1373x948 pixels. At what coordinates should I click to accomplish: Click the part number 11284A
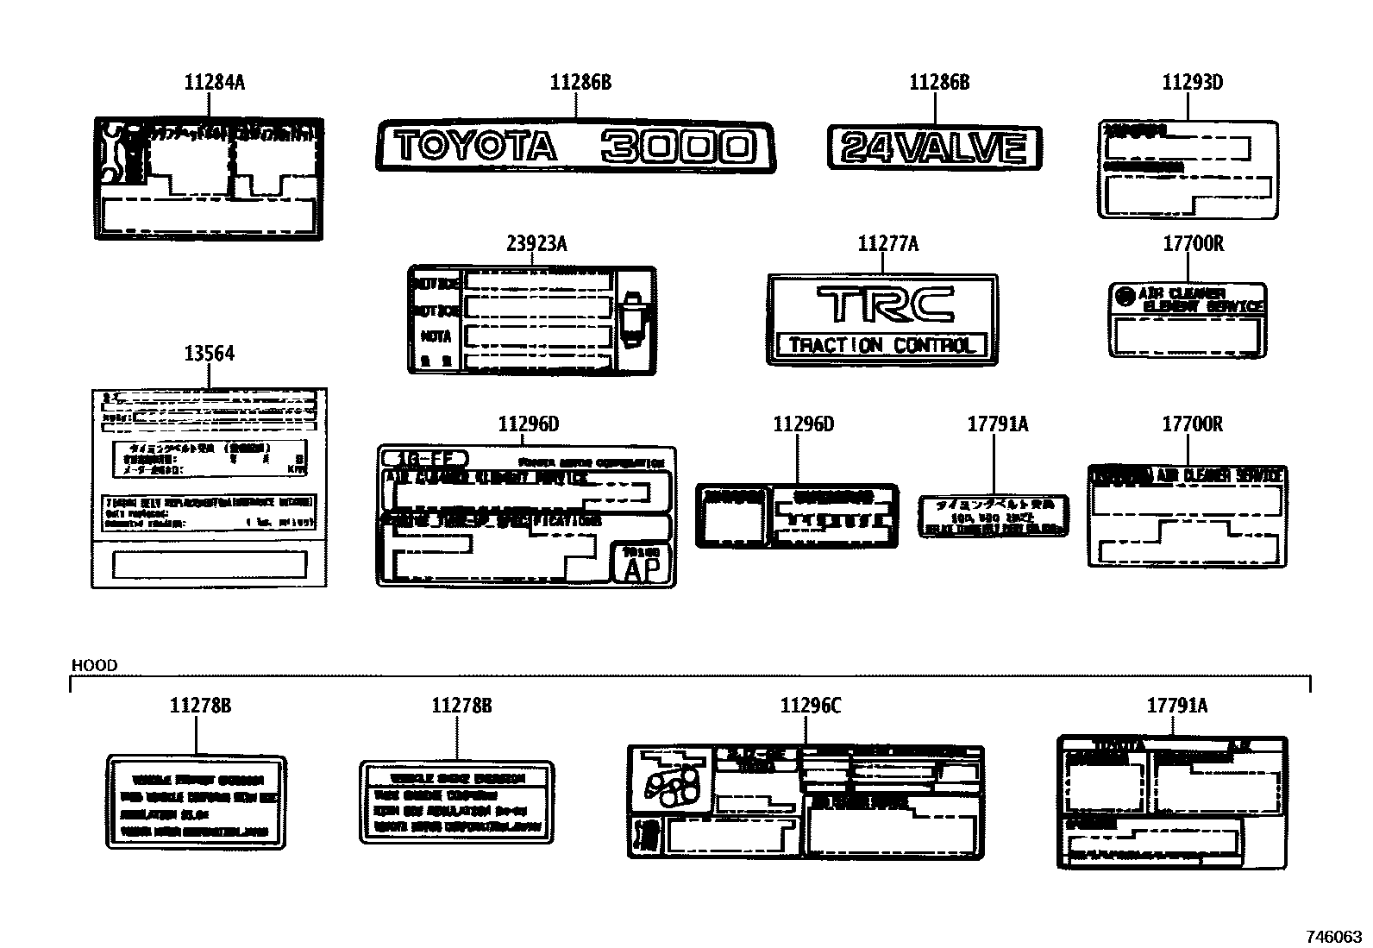(x=214, y=83)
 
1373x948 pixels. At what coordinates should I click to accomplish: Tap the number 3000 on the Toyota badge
(x=678, y=148)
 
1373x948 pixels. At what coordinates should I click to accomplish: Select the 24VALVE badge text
(x=935, y=148)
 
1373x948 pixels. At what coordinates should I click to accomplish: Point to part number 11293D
(x=1192, y=83)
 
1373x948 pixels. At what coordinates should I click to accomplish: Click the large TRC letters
(x=884, y=304)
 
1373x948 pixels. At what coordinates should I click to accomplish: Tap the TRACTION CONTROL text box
(x=881, y=346)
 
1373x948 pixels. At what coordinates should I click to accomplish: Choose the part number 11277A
(x=887, y=245)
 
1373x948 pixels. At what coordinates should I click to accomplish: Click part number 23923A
(x=536, y=245)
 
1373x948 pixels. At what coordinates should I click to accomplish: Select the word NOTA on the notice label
(x=436, y=336)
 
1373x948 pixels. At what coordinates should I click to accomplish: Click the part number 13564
(x=209, y=355)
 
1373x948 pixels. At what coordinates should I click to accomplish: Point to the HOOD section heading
(x=94, y=665)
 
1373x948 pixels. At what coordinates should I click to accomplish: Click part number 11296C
(x=810, y=706)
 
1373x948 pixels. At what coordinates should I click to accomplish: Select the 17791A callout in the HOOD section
(x=1176, y=706)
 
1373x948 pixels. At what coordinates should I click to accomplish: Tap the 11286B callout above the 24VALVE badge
(x=939, y=83)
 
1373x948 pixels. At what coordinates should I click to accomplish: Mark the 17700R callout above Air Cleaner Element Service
(x=1193, y=245)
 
